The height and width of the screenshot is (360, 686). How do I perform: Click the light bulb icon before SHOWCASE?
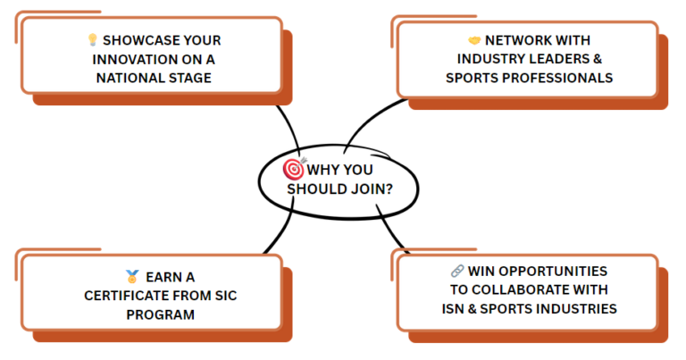pos(92,40)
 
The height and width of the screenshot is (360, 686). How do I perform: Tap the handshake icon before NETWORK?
pos(474,40)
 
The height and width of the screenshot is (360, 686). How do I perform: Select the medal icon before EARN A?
pos(132,277)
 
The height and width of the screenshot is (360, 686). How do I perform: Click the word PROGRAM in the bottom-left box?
pos(160,314)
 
